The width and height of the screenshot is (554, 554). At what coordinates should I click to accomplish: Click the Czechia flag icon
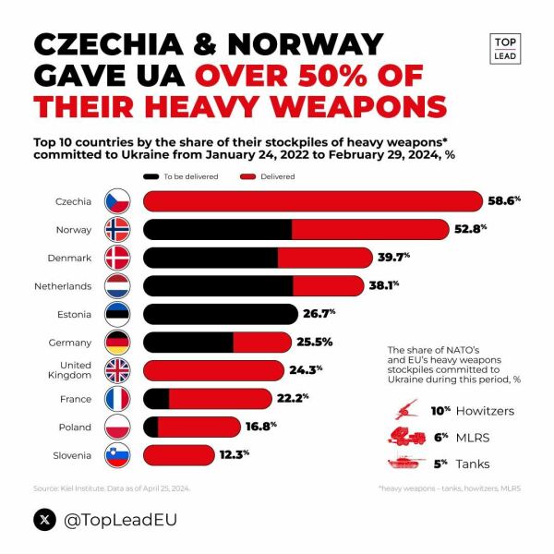point(118,201)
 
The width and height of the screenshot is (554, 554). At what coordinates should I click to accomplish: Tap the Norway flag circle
point(118,229)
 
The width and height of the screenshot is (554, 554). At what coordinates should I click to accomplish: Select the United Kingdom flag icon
point(118,370)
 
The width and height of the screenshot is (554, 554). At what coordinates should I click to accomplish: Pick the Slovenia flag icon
point(118,455)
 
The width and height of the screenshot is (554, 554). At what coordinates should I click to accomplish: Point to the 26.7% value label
point(319,314)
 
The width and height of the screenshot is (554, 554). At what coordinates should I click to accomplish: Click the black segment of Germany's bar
point(189,343)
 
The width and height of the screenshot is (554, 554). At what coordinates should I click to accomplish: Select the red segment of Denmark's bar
point(337,258)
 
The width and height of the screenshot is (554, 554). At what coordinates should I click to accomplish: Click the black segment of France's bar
point(157,399)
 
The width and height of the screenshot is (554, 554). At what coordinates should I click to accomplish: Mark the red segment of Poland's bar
point(208,427)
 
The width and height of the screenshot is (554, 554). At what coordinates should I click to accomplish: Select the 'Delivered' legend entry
point(277,175)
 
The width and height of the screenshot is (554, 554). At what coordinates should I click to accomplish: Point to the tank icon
point(403,464)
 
